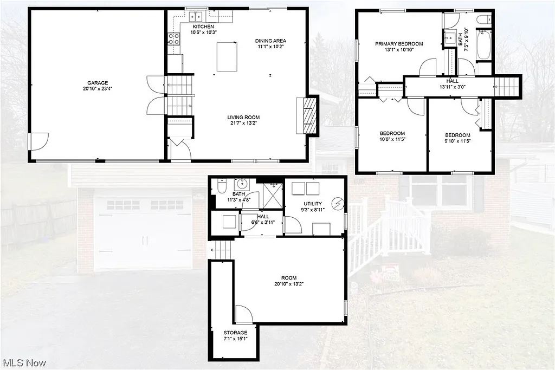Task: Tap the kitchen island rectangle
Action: tap(227, 56)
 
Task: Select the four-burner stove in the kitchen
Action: tap(174, 38)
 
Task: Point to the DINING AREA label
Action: tap(270, 41)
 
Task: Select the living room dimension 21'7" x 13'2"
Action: tap(243, 123)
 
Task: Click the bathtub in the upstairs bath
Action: tap(483, 46)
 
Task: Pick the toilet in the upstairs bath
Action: tap(484, 20)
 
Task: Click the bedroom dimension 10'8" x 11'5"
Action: tap(391, 139)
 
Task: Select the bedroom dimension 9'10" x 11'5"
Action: tap(457, 141)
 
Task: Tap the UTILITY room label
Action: tap(313, 204)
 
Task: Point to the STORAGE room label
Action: tap(235, 333)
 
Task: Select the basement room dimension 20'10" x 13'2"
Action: tap(288, 283)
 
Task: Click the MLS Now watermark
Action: tap(24, 362)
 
